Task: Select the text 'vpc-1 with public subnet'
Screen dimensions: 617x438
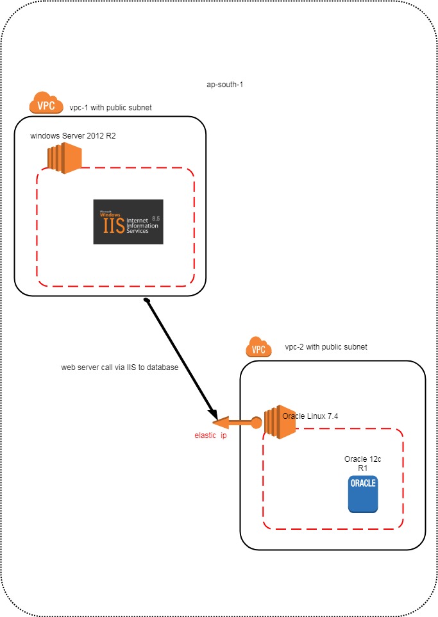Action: pyautogui.click(x=111, y=107)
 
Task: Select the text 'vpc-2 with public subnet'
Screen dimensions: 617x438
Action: pyautogui.click(x=326, y=347)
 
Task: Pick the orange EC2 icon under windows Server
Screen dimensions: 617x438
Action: pyautogui.click(x=63, y=158)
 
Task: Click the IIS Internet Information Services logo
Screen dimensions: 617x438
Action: pyautogui.click(x=128, y=222)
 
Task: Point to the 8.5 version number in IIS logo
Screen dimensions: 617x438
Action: pyautogui.click(x=156, y=219)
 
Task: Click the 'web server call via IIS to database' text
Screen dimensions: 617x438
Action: pyautogui.click(x=119, y=368)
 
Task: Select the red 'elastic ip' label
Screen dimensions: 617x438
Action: pyautogui.click(x=211, y=435)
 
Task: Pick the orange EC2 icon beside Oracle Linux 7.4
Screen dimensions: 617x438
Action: pyautogui.click(x=276, y=423)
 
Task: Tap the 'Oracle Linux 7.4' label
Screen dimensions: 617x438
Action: pyautogui.click(x=310, y=416)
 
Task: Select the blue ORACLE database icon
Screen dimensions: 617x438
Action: pyautogui.click(x=363, y=494)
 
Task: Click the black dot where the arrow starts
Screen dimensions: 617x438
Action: pyautogui.click(x=147, y=301)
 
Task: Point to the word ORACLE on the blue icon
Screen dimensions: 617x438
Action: pyautogui.click(x=363, y=484)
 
